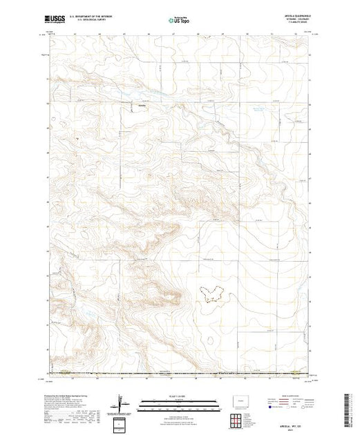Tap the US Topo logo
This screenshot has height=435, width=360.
point(179,21)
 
